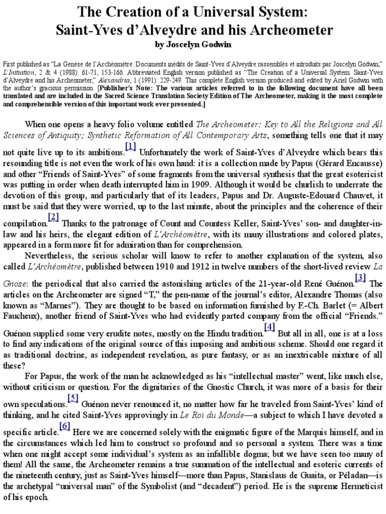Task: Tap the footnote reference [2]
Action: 54,217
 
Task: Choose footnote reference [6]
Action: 64,426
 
